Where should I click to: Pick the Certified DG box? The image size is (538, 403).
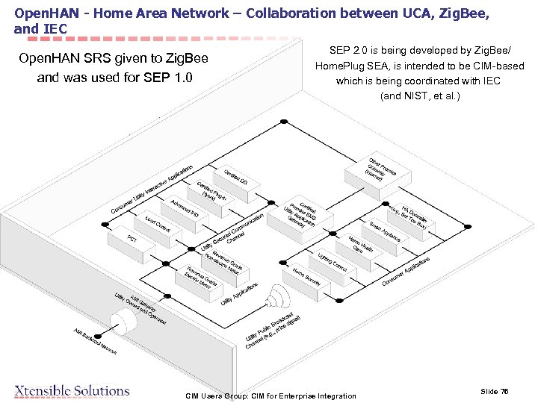(236, 177)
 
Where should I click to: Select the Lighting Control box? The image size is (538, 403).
(332, 260)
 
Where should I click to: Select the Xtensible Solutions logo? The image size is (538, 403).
(72, 391)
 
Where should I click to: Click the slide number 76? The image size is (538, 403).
(495, 391)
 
